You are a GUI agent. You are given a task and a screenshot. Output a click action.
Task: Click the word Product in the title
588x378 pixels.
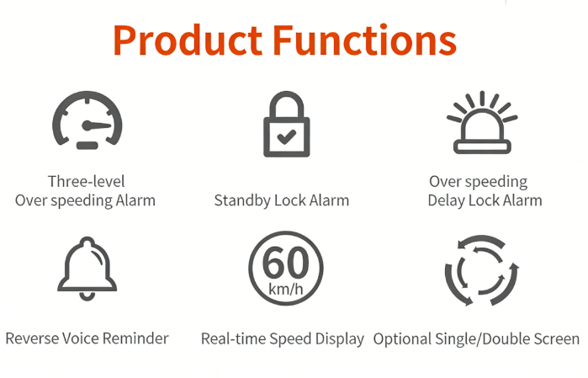[188, 40]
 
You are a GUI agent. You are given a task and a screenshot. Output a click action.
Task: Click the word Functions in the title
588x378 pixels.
[364, 40]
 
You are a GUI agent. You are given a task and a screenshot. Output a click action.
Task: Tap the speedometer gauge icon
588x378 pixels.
[87, 120]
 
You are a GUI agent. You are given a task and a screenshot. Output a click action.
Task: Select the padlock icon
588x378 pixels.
[287, 124]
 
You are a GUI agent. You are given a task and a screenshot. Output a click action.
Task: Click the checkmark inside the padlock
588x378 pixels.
[287, 136]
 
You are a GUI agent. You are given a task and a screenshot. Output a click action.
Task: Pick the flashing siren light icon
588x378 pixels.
[482, 122]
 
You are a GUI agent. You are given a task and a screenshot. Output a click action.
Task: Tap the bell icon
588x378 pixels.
[87, 269]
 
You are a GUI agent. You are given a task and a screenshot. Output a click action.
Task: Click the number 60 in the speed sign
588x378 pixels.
[286, 263]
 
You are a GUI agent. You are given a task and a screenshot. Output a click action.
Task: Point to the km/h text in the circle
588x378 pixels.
[286, 289]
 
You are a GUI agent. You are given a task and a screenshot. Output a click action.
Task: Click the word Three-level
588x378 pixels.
[87, 181]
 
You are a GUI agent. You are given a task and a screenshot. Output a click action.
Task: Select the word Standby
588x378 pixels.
[242, 200]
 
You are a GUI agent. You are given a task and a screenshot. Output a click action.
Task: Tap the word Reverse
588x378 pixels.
[32, 338]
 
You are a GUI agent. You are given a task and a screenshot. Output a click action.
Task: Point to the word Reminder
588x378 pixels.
[135, 338]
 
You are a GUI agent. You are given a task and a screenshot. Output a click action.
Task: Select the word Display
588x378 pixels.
[340, 339]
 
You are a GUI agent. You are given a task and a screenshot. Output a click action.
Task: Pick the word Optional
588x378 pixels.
[402, 339]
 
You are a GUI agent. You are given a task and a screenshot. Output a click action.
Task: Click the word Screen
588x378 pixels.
[557, 339]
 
